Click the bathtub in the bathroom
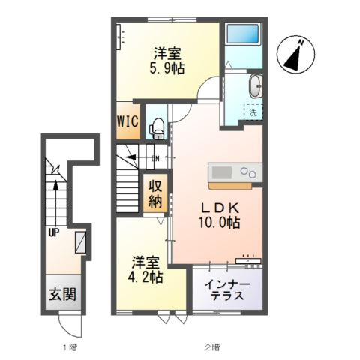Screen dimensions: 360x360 click(x=242, y=34)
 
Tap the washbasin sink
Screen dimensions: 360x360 click(x=256, y=85)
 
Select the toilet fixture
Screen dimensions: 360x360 click(x=157, y=129)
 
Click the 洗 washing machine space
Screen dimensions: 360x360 click(x=253, y=112)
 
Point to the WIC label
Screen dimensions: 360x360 click(x=127, y=121)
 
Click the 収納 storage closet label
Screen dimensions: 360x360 click(x=155, y=194)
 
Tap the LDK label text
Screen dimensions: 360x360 click(x=220, y=208)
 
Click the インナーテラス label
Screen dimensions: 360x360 click(x=227, y=290)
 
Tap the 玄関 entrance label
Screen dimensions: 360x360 click(x=62, y=294)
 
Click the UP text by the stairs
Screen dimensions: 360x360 click(x=54, y=233)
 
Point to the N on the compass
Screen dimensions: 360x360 click(x=301, y=43)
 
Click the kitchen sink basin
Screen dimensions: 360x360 click(x=222, y=172)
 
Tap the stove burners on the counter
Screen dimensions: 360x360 click(x=248, y=172)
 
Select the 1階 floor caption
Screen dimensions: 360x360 click(x=70, y=347)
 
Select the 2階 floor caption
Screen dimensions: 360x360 click(x=213, y=347)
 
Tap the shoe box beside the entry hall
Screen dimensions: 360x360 click(x=81, y=242)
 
